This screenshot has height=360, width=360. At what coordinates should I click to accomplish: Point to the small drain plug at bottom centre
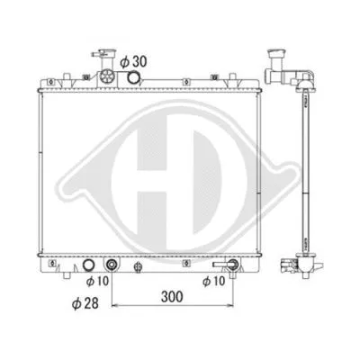point(137,268)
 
